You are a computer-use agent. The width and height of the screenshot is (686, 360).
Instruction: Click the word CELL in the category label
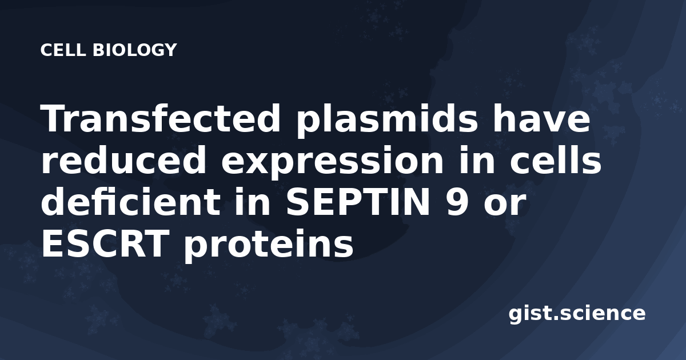click(63, 50)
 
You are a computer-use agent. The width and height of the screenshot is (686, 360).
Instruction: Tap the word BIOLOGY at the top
click(135, 50)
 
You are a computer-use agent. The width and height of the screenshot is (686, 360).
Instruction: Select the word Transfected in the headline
click(160, 118)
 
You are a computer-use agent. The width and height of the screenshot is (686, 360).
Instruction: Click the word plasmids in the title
click(386, 121)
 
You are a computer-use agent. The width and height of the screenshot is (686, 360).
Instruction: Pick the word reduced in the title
click(123, 160)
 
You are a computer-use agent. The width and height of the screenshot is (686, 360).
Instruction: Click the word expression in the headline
click(332, 163)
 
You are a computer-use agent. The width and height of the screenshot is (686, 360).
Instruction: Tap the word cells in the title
click(556, 160)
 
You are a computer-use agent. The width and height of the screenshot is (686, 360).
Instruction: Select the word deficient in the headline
click(130, 201)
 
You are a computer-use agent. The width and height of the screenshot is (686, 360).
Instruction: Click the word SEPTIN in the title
click(358, 202)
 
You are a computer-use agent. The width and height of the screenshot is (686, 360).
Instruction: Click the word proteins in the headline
click(269, 246)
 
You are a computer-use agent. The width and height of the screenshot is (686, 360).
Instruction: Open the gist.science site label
click(577, 314)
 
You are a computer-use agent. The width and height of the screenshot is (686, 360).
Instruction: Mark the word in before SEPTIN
click(253, 201)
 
